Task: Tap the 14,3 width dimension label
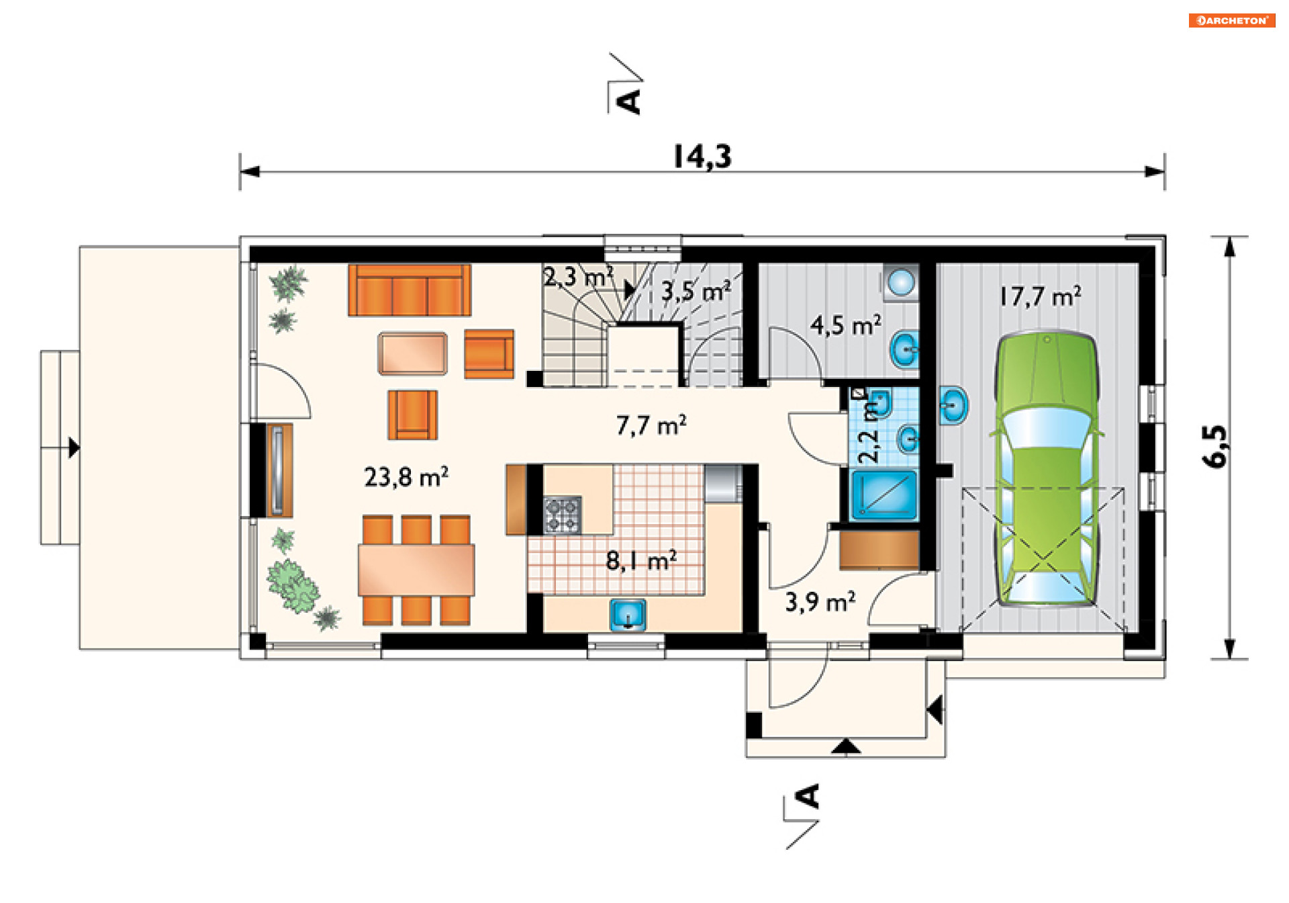click(702, 157)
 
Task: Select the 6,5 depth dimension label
click(1214, 446)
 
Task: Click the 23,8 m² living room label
click(406, 476)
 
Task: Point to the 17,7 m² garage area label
click(1040, 296)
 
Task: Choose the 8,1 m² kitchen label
click(641, 560)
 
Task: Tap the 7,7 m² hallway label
click(651, 425)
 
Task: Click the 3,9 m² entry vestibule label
click(820, 601)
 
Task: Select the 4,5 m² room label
click(845, 325)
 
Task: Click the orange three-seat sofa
click(410, 290)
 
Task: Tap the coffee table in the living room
click(412, 353)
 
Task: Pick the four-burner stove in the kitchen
click(562, 515)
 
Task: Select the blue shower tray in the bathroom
click(884, 495)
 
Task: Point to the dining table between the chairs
click(416, 570)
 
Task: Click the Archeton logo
click(1232, 20)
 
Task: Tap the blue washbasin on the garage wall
click(953, 404)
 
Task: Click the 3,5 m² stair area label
click(696, 291)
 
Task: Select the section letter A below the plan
click(808, 796)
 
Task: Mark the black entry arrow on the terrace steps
click(74, 447)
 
